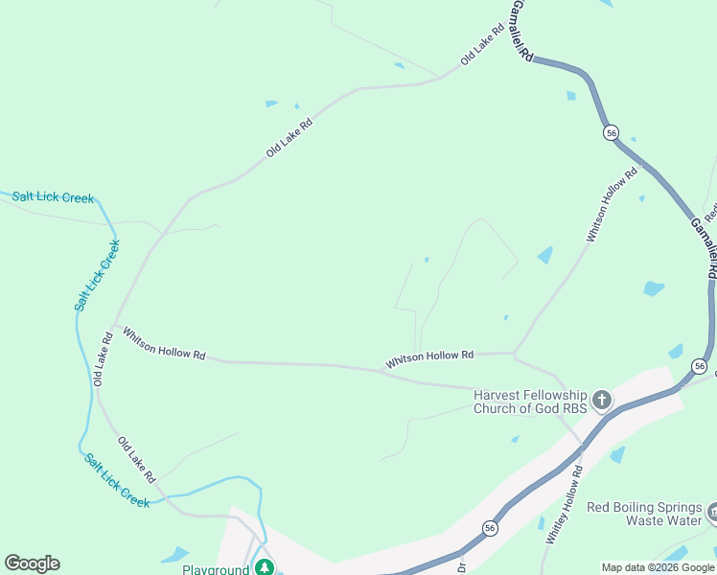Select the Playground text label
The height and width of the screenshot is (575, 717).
(x=216, y=569)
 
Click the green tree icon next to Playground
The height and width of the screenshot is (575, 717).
(x=264, y=568)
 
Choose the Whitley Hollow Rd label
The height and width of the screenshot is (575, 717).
(x=565, y=505)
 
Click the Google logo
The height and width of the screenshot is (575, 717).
(x=32, y=563)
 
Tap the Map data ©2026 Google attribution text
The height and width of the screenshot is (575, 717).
(x=658, y=567)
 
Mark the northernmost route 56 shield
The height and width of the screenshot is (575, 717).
(x=611, y=133)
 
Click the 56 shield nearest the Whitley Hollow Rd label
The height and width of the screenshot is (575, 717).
(x=490, y=527)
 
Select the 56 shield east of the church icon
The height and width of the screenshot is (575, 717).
(x=700, y=366)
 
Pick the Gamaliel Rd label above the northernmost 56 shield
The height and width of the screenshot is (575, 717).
(x=520, y=32)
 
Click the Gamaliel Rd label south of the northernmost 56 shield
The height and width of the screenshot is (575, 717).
(x=704, y=247)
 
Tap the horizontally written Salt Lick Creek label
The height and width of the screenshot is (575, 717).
(x=53, y=197)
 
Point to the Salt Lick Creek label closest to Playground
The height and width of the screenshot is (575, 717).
(x=116, y=480)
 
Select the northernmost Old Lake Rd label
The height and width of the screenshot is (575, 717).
(x=482, y=44)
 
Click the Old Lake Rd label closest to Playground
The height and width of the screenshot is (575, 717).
(x=136, y=459)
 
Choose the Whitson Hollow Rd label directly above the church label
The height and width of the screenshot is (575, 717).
(x=429, y=359)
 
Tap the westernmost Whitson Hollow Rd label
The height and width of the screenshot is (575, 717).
(x=164, y=343)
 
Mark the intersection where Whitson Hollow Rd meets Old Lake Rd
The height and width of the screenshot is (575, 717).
(x=113, y=325)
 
